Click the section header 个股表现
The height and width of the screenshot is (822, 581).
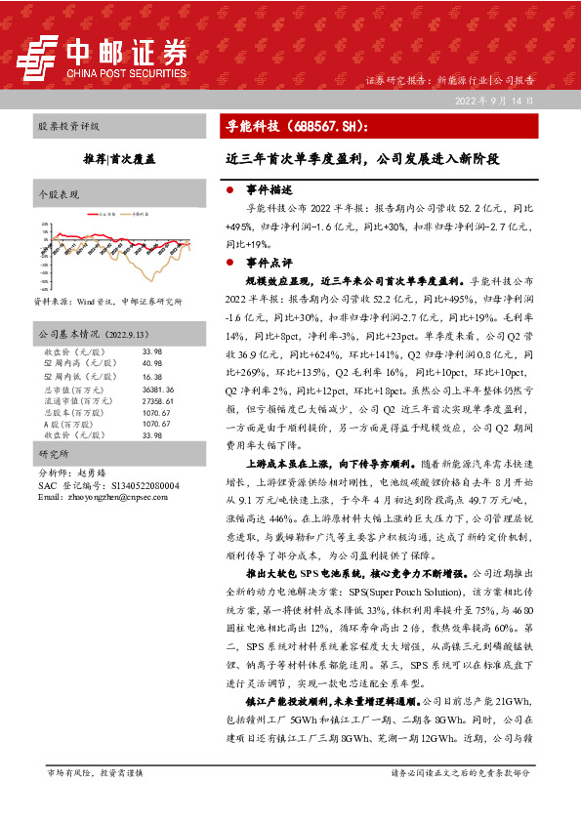(58, 193)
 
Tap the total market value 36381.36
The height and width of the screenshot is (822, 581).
(157, 390)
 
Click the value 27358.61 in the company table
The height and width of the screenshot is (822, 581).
(157, 400)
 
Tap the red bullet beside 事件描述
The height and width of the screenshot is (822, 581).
(228, 189)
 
